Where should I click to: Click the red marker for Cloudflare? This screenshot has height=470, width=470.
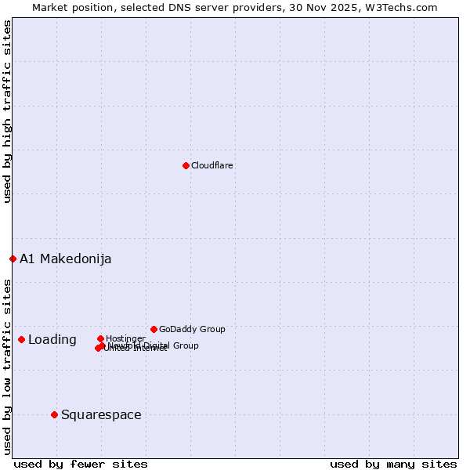pyautogui.click(x=186, y=165)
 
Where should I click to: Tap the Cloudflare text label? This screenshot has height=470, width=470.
pyautogui.click(x=212, y=165)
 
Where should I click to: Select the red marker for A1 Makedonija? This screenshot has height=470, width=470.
pyautogui.click(x=13, y=258)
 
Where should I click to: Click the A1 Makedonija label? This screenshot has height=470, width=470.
pyautogui.click(x=66, y=259)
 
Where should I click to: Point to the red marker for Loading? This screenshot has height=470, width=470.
pyautogui.click(x=21, y=339)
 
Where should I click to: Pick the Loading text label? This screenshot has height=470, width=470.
pyautogui.click(x=52, y=340)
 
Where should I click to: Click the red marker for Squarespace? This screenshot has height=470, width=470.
pyautogui.click(x=54, y=414)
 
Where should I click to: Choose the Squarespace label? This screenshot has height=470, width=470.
pyautogui.click(x=101, y=415)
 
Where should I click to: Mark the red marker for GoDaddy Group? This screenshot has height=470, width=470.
pyautogui.click(x=154, y=329)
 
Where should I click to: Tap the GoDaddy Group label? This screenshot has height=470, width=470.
pyautogui.click(x=192, y=329)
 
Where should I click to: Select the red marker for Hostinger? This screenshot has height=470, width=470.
pyautogui.click(x=100, y=338)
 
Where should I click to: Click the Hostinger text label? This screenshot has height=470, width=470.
pyautogui.click(x=126, y=338)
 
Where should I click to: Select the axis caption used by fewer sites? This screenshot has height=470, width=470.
pyautogui.click(x=81, y=464)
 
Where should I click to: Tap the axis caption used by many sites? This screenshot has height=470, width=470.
pyautogui.click(x=393, y=464)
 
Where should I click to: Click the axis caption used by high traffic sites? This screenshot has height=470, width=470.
pyautogui.click(x=7, y=111)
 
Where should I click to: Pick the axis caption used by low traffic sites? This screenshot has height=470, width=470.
pyautogui.click(x=7, y=366)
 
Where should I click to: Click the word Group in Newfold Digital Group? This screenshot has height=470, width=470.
pyautogui.click(x=185, y=345)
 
